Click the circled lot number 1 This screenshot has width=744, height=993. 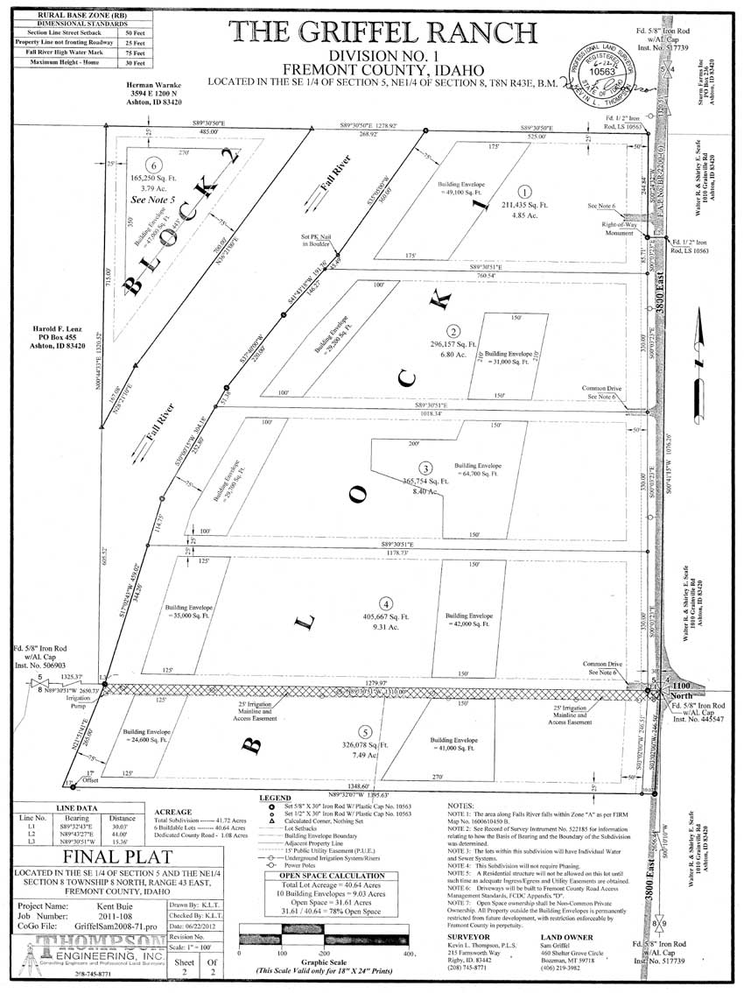click(x=524, y=192)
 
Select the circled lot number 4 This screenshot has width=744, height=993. click(x=386, y=602)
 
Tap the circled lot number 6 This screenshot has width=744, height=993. click(x=155, y=165)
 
